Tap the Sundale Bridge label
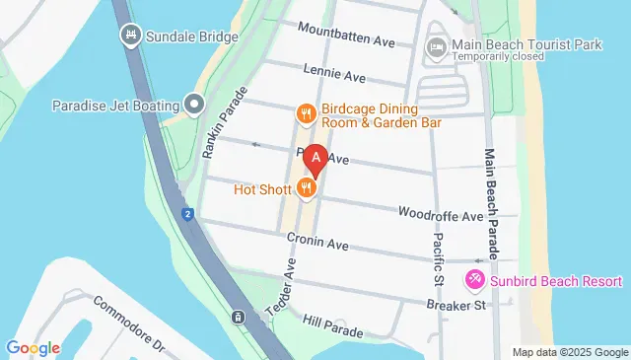192,36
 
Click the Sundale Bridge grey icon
130,36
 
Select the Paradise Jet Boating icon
194,105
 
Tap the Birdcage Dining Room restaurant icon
307,114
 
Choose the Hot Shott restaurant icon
307,188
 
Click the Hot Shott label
262,188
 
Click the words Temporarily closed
498,57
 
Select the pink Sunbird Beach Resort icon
474,281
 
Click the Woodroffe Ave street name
441,214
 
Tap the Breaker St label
457,306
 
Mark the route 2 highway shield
186,214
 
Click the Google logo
33,347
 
